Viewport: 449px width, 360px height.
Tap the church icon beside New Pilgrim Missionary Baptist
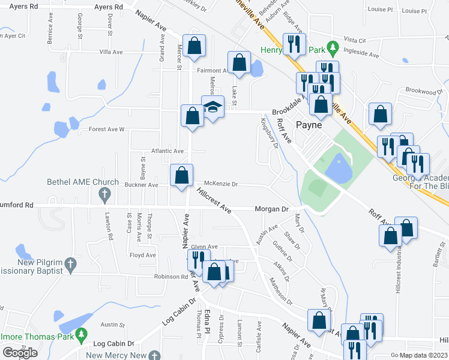click(x=70, y=263)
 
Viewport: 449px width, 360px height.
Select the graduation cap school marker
click(x=212, y=107)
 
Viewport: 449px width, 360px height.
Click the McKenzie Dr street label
click(x=221, y=184)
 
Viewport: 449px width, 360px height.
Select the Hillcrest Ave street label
click(x=214, y=200)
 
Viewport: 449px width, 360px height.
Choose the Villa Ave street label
click(x=111, y=52)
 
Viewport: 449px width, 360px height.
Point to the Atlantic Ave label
click(x=167, y=151)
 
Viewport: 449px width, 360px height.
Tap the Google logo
click(x=20, y=352)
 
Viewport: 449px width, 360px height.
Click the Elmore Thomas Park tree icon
click(x=82, y=334)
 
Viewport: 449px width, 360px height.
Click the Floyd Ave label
click(x=143, y=255)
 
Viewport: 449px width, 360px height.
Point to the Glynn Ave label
click(x=204, y=247)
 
